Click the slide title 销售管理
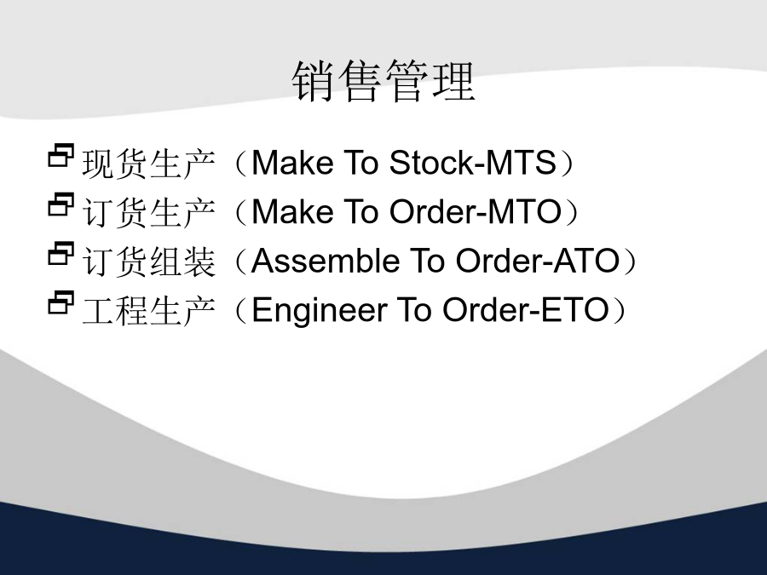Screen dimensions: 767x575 pyautogui.click(x=383, y=81)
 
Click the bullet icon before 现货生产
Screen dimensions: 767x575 pyautogui.click(x=61, y=156)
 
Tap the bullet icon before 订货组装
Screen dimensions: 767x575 pyautogui.click(x=61, y=254)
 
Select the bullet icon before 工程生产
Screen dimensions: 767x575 pyautogui.click(x=61, y=302)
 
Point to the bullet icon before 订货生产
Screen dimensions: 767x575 pyautogui.click(x=61, y=204)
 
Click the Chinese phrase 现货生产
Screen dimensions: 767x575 pyautogui.click(x=148, y=164)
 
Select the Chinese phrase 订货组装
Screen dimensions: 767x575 pyautogui.click(x=148, y=262)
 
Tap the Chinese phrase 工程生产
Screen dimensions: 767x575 pyautogui.click(x=148, y=310)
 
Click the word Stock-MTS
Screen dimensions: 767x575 pyautogui.click(x=472, y=163)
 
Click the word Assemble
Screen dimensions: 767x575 pyautogui.click(x=326, y=261)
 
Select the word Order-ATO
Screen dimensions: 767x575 pyautogui.click(x=538, y=261)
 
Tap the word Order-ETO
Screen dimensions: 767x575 pyautogui.click(x=525, y=310)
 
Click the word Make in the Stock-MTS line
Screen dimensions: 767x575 pyautogui.click(x=292, y=163)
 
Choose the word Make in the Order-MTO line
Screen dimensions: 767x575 pyautogui.click(x=292, y=212)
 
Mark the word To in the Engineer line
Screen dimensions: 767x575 pyautogui.click(x=415, y=310)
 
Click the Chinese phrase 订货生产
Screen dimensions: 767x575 pyautogui.click(x=148, y=212)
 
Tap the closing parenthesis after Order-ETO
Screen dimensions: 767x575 pyautogui.click(x=619, y=310)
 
